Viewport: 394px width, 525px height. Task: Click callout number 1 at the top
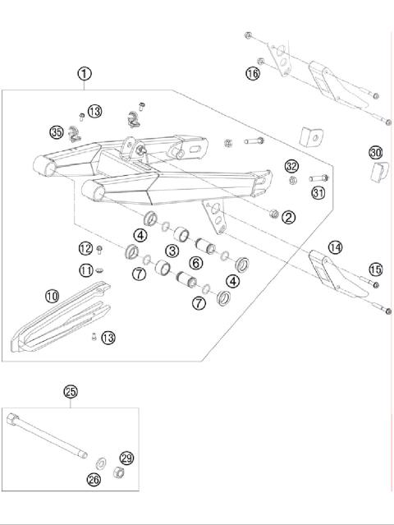coord(85,74)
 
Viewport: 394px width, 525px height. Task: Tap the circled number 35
coord(57,131)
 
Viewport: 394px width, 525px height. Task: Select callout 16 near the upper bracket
coord(253,74)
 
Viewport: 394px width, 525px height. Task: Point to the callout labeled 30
coord(375,153)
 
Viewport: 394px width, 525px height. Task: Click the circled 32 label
coord(291,166)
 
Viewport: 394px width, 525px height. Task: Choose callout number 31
coord(318,193)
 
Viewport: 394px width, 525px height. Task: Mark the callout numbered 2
coord(288,217)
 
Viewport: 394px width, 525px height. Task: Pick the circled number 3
coord(172,250)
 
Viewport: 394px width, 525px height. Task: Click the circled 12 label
coord(85,248)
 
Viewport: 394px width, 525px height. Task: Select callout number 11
coord(85,269)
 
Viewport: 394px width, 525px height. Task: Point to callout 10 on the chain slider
coord(52,296)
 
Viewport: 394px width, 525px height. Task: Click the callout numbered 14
coord(334,246)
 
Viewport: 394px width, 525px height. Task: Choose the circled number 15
coord(375,269)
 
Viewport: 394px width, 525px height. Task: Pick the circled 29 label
coord(126,458)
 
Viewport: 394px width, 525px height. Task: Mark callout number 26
coord(93,478)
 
